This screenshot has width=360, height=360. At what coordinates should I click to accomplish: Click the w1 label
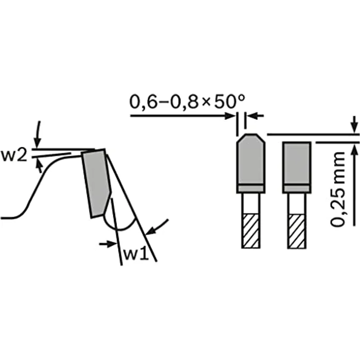[136, 254]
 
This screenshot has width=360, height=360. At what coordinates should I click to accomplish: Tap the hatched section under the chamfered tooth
[251, 231]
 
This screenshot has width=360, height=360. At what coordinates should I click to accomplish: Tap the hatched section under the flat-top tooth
[297, 231]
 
